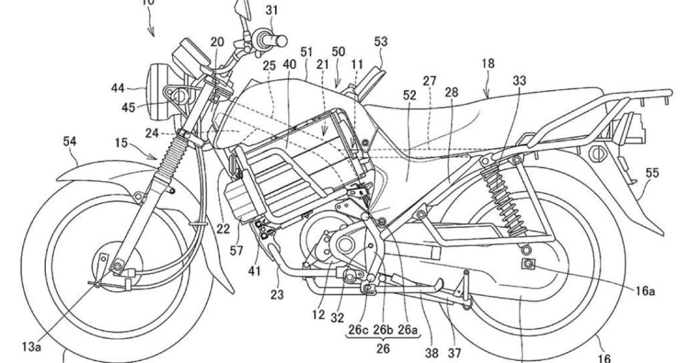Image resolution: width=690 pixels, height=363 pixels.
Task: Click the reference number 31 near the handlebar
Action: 272,9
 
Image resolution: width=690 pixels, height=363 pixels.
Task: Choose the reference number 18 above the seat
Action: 488,62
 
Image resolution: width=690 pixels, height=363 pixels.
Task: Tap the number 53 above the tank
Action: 381,41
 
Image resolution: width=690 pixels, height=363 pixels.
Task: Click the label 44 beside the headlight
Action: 117,89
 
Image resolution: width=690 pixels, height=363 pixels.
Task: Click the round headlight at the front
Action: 158,88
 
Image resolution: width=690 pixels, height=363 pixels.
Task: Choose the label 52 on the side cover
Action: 409,95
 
